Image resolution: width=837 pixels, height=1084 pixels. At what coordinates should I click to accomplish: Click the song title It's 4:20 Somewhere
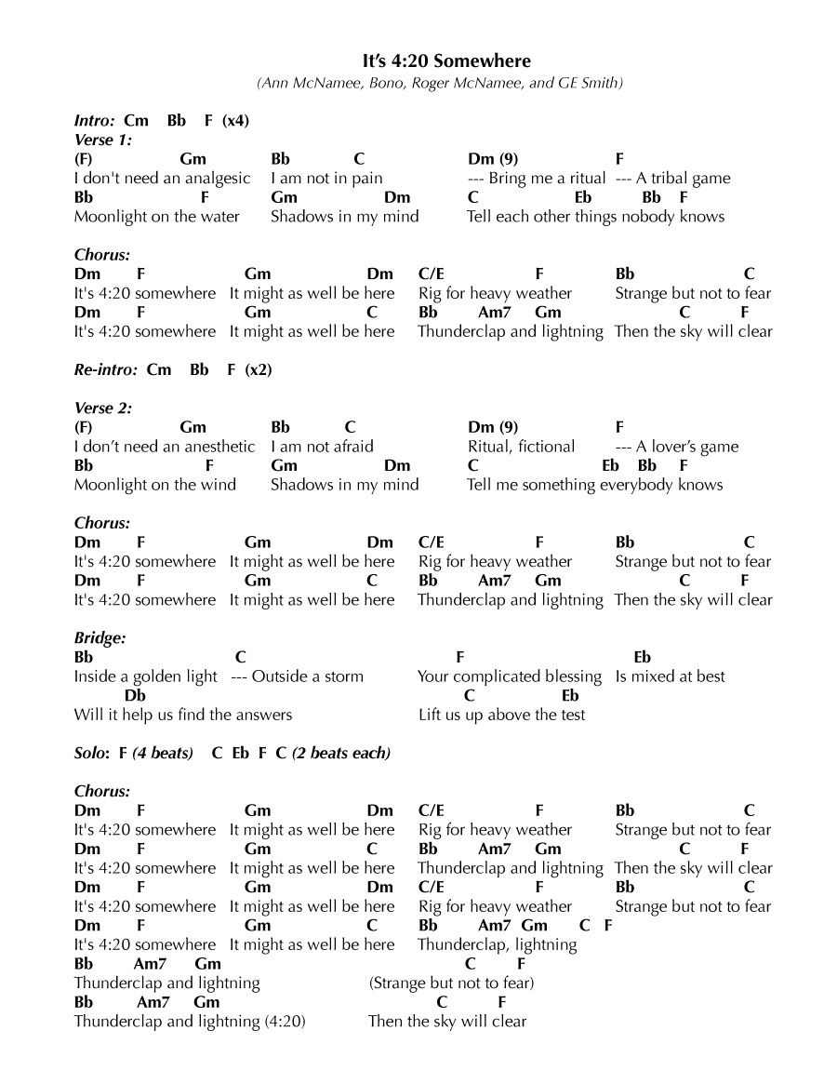pos(446,61)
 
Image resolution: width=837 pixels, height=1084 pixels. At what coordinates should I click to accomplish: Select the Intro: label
pos(95,121)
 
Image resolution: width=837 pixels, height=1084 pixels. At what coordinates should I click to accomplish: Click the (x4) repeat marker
pos(235,121)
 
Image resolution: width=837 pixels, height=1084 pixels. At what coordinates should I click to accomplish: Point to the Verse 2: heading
pos(103,408)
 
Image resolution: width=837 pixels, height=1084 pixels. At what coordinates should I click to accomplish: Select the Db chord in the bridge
pos(135,696)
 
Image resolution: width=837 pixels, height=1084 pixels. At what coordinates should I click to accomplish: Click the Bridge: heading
pos(100,637)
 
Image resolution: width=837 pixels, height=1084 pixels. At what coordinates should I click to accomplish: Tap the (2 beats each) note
pos(341,753)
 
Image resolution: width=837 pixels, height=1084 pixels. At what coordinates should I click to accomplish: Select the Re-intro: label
pos(106,369)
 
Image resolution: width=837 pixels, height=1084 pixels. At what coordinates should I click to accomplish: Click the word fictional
pos(546,447)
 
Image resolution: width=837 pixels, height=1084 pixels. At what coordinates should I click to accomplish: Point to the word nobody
pos(645,217)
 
